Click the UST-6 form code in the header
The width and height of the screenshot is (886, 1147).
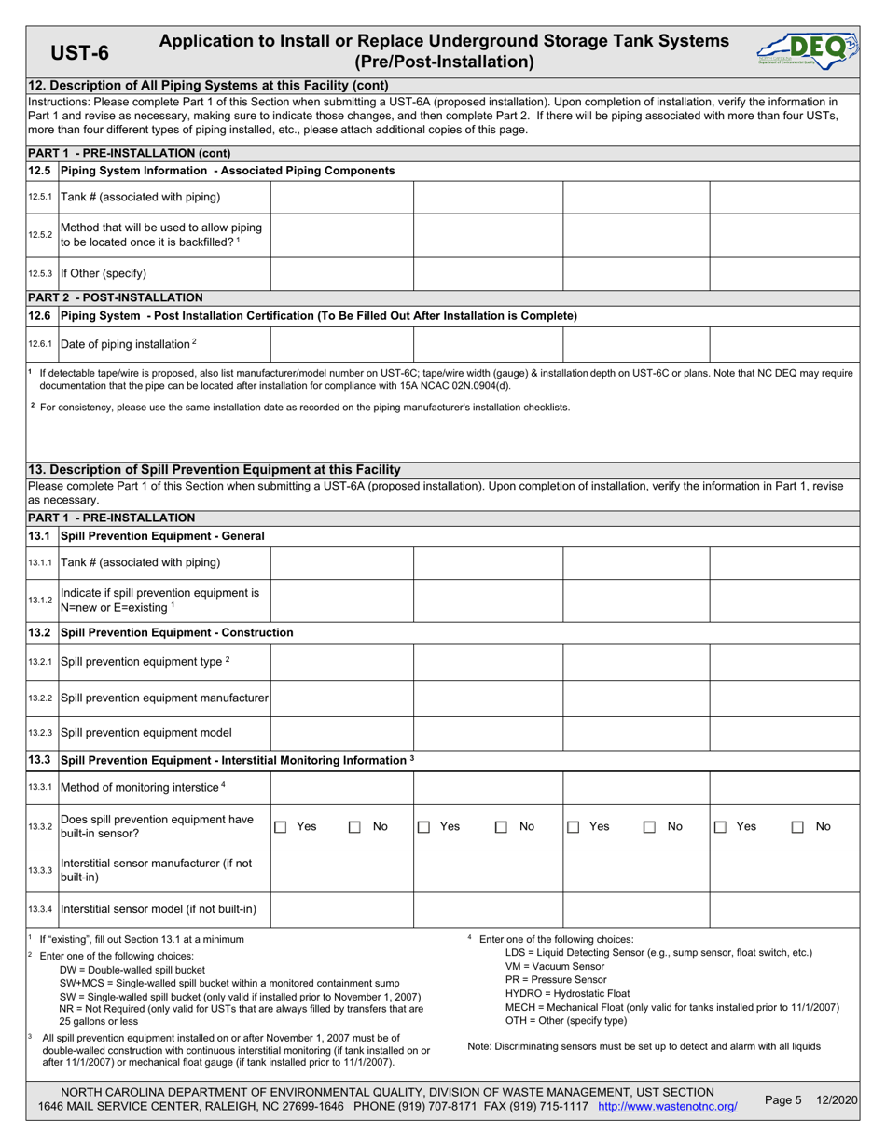(78, 52)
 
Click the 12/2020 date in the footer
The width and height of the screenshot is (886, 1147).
(836, 1099)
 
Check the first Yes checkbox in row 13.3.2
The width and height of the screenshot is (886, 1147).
(280, 826)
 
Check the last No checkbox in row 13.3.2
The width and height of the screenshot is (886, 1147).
(798, 826)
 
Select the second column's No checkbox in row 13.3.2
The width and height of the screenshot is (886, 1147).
(501, 826)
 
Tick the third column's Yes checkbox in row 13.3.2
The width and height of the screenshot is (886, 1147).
(574, 826)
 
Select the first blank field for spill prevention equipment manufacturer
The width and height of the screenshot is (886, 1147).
(341, 697)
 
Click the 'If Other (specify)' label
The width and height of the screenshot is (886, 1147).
(104, 273)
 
